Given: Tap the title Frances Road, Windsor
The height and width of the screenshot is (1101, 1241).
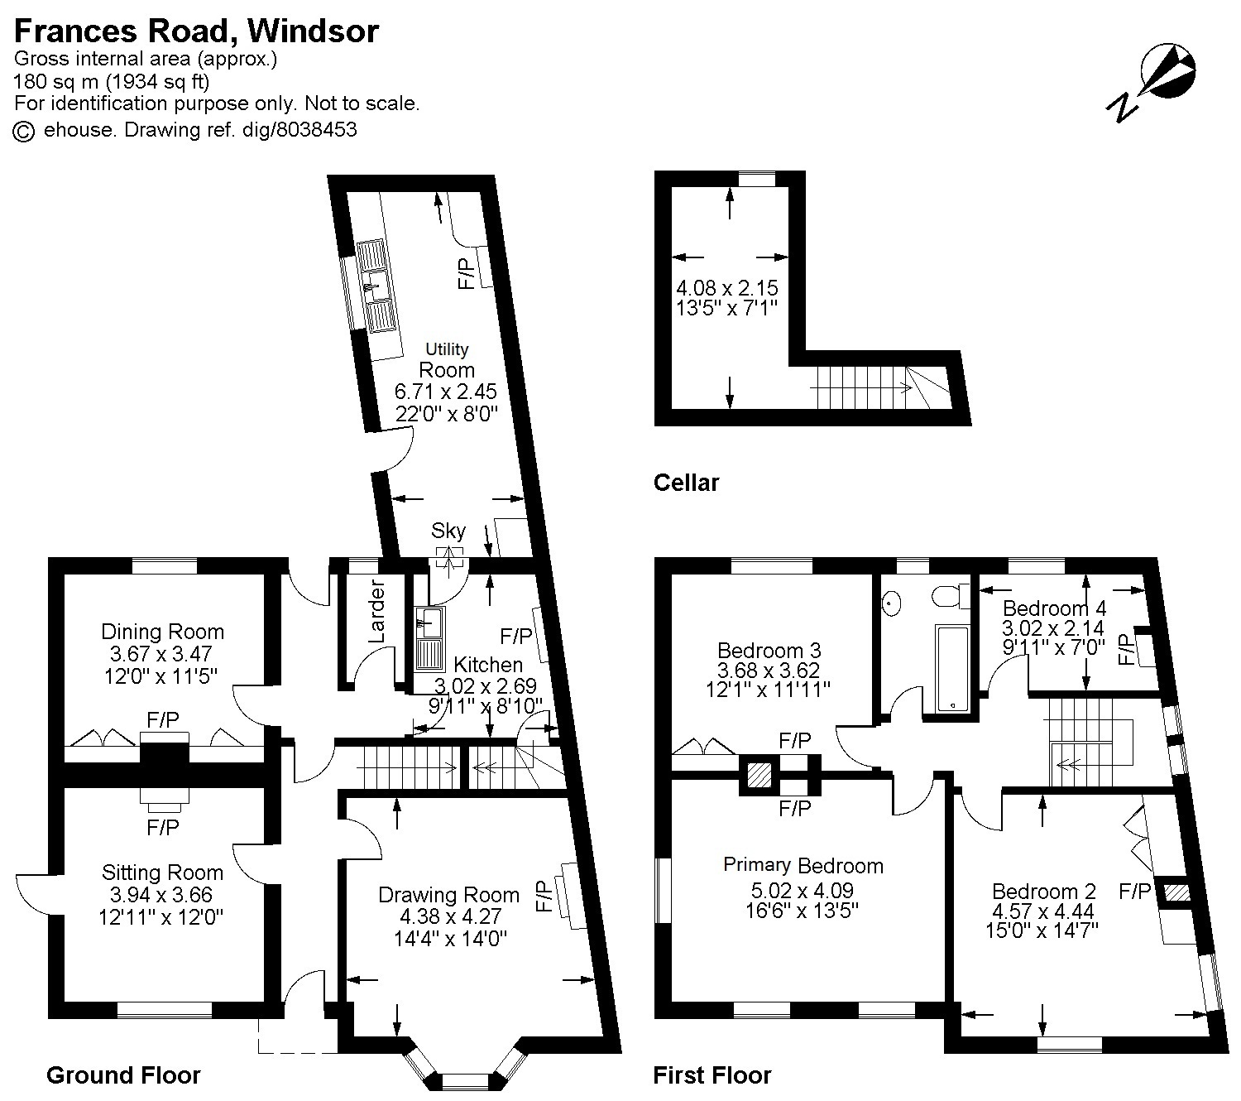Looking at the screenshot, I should (196, 31).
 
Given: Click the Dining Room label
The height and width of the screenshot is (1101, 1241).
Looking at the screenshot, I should (162, 632).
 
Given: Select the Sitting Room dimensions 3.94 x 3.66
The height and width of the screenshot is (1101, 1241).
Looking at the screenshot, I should (162, 894).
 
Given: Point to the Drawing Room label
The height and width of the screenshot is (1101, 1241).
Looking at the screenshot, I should (448, 895).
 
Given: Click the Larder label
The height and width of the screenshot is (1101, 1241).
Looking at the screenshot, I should (376, 613).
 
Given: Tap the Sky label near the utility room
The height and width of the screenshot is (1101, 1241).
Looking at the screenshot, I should (448, 531).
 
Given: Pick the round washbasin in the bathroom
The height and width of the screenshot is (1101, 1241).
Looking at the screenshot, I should (892, 603).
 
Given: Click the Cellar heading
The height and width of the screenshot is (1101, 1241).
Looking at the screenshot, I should (686, 483).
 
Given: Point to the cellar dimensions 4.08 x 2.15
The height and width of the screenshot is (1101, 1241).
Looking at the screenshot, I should (727, 289).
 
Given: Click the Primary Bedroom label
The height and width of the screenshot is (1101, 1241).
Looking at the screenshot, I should (803, 866).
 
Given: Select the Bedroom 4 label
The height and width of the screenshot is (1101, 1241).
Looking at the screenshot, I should (1053, 608).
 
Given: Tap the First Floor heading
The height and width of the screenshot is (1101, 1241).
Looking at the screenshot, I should (712, 1075).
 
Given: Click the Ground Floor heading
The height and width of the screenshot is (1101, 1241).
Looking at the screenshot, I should (123, 1075).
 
